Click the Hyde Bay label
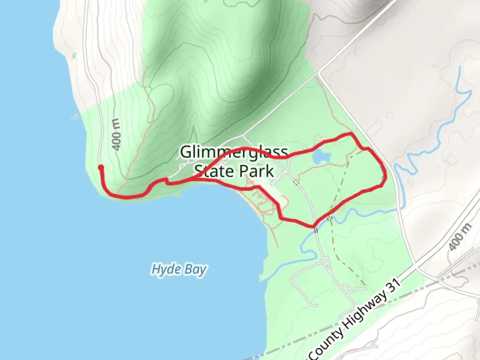point(179,269)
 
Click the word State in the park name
point(214,171)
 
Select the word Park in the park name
point(256,171)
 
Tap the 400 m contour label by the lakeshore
point(116,135)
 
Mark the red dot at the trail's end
point(100,167)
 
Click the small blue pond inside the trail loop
point(320,156)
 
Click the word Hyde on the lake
point(164,269)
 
